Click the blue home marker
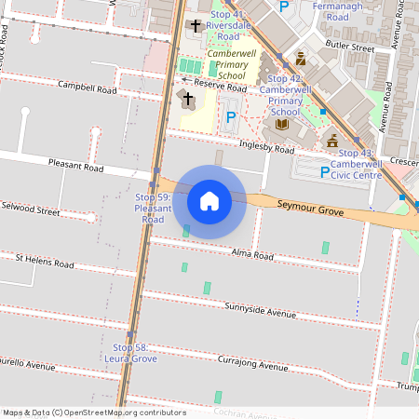tap(209, 200)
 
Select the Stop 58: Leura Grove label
tap(129, 353)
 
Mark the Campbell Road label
tap(87, 89)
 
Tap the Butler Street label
tap(349, 46)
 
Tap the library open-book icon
tap(282, 124)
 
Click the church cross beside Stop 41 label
tap(196, 25)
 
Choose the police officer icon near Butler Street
tap(301, 57)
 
